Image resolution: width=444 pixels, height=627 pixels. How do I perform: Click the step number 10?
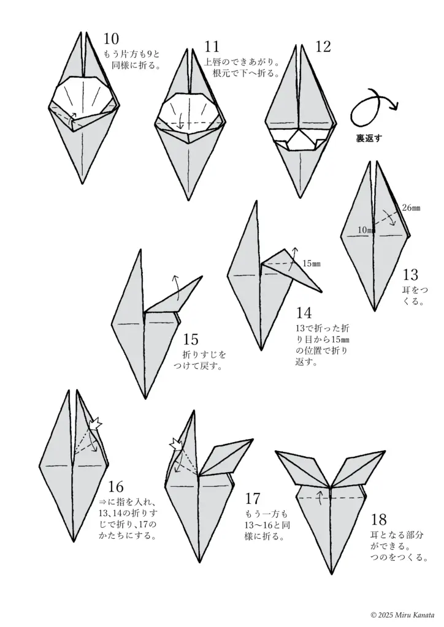(x=111, y=39)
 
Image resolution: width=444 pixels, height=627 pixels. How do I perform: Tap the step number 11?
(x=212, y=47)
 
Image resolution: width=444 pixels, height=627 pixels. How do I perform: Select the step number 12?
(x=323, y=47)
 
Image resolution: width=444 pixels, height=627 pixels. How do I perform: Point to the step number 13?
(x=410, y=275)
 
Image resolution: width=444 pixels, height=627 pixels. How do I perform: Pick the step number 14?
(x=304, y=313)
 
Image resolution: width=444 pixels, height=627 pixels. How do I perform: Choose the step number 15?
(x=191, y=339)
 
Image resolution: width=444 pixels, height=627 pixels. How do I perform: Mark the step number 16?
(x=116, y=487)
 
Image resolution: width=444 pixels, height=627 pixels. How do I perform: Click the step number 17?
(x=253, y=498)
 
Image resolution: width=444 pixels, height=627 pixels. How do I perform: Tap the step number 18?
(x=379, y=519)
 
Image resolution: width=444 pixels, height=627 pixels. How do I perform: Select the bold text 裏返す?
(x=369, y=138)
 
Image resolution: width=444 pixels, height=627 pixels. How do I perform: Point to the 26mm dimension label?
(x=411, y=208)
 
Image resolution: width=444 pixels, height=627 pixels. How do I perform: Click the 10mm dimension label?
(x=366, y=230)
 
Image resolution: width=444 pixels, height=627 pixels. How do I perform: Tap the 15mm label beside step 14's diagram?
(x=312, y=263)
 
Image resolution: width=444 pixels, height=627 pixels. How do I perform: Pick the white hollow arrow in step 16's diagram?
(x=96, y=424)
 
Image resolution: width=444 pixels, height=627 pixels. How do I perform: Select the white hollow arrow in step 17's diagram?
(x=176, y=445)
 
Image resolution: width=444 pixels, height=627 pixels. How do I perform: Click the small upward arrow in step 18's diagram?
(x=320, y=498)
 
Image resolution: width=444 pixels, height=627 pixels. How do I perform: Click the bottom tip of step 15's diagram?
(x=145, y=398)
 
